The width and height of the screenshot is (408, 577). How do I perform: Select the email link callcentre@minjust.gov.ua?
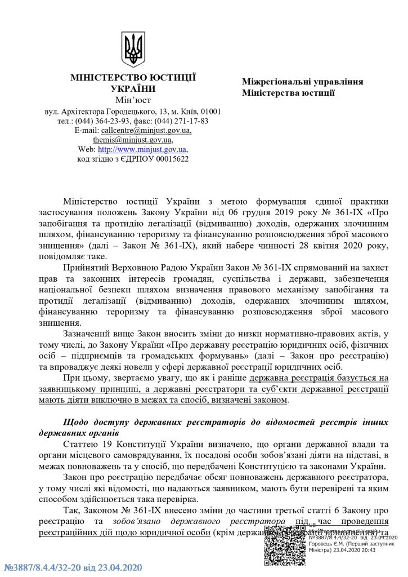tap(146, 130)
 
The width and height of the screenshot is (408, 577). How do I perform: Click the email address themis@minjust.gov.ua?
tap(133, 140)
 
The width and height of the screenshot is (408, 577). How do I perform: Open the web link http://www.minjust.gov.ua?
tap(142, 149)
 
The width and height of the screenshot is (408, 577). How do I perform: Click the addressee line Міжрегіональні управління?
tap(302, 81)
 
